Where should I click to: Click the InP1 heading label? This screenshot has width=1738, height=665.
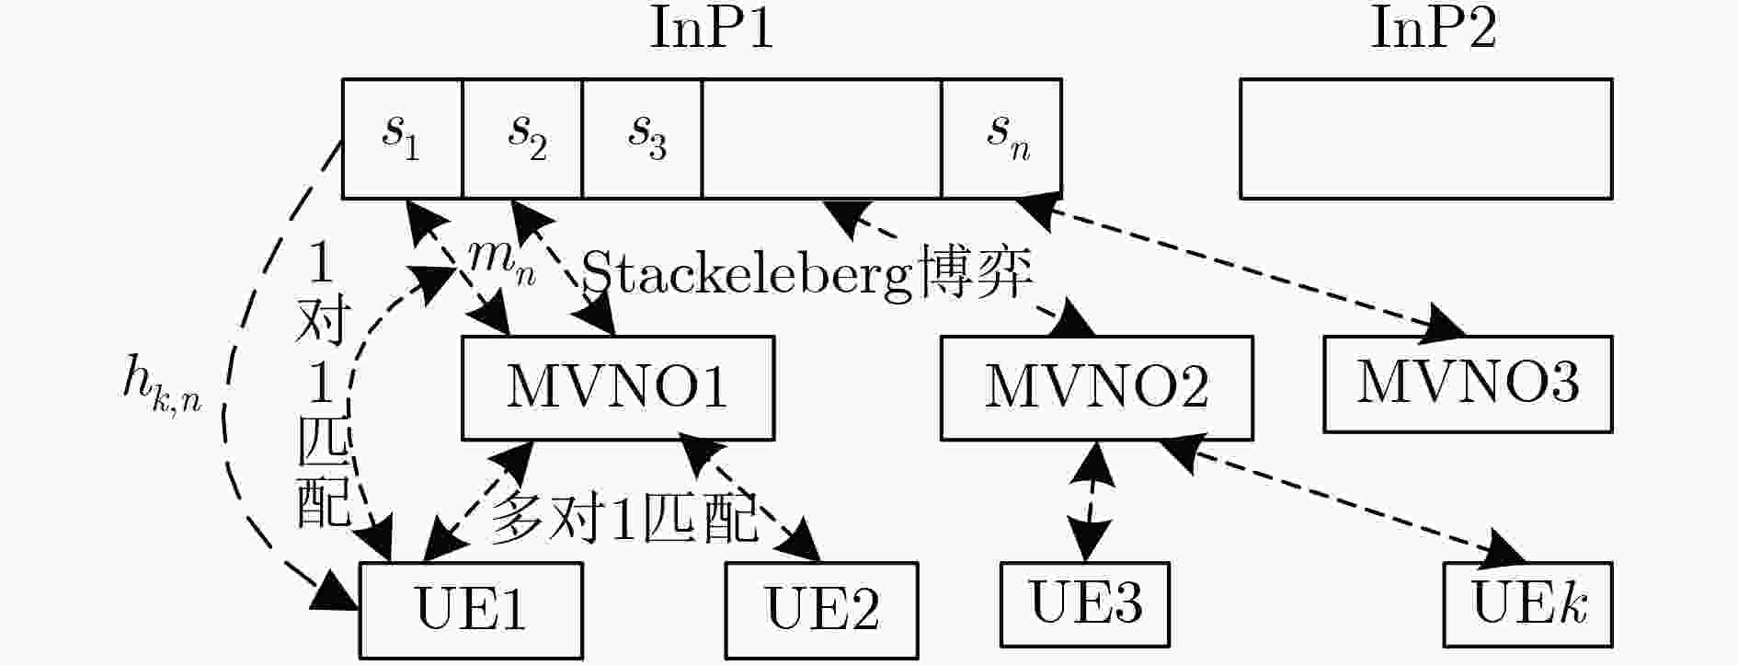point(711,29)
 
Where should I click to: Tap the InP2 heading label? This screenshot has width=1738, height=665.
point(1433,29)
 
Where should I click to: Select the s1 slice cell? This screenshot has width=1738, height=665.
point(402,138)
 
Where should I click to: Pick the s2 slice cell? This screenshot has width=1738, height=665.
point(522,138)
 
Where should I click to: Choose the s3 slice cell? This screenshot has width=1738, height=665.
point(642,138)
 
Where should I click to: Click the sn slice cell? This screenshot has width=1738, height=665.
point(1002,138)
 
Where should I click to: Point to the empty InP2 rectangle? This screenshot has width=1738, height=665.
point(1425,138)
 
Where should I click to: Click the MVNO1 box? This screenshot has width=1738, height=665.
point(617,387)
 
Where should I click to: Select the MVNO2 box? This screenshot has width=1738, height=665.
point(1096,387)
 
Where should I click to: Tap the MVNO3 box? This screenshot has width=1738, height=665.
point(1468,383)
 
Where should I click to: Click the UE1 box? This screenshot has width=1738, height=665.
point(471,609)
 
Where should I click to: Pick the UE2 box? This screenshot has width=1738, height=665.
point(821,609)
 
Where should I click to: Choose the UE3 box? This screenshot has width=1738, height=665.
point(1085,603)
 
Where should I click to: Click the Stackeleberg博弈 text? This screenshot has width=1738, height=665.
point(807,273)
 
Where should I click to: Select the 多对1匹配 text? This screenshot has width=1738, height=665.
point(623,517)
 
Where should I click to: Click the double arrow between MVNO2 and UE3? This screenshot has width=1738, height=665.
point(1091,501)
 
